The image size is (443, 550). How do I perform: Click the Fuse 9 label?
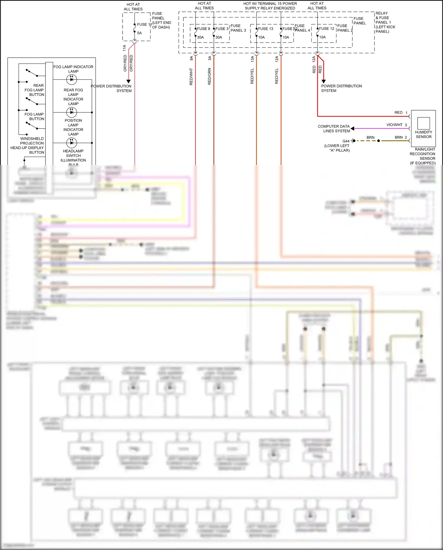(x=203, y=29)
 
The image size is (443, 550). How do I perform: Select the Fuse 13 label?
(x=266, y=29)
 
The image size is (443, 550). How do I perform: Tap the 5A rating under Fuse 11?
(x=139, y=33)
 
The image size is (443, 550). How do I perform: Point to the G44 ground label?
(x=346, y=141)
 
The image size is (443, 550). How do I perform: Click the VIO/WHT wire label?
(x=394, y=125)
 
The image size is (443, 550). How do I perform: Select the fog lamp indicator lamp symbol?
(x=71, y=79)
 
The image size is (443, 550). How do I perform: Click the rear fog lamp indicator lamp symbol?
(x=71, y=112)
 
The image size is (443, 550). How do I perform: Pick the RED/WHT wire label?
(x=191, y=77)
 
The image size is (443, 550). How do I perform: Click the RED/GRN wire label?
(x=209, y=76)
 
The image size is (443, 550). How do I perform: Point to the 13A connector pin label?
(x=253, y=59)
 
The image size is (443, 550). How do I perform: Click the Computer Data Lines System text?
(x=334, y=129)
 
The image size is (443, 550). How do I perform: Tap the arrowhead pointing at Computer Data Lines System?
(x=352, y=129)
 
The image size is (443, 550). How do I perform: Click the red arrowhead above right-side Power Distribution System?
(x=323, y=81)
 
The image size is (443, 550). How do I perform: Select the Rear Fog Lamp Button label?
(x=35, y=90)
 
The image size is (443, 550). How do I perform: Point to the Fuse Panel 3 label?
(x=238, y=28)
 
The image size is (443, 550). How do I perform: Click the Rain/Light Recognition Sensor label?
(x=423, y=156)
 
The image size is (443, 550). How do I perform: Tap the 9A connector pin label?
(x=191, y=58)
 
